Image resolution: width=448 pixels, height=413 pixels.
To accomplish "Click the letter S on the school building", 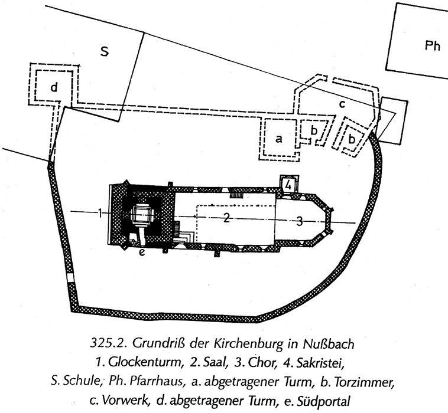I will click(x=105, y=52).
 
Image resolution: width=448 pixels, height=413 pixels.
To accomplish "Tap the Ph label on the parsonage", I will click(x=433, y=46).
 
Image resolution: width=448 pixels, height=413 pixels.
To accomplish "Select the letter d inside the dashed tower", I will click(x=54, y=88).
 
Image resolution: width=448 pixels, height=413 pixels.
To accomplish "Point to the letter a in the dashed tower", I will click(x=279, y=139).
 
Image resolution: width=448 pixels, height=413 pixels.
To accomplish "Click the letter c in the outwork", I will click(x=342, y=104).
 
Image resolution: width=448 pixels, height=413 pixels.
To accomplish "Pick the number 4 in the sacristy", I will click(x=287, y=185).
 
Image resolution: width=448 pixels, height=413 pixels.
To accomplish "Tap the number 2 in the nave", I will click(x=226, y=218).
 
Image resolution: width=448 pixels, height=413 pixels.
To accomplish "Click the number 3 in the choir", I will click(x=299, y=221).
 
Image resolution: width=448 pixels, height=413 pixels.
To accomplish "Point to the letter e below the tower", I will click(x=142, y=253).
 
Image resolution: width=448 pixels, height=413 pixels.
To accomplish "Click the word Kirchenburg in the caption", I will click(x=248, y=341).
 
